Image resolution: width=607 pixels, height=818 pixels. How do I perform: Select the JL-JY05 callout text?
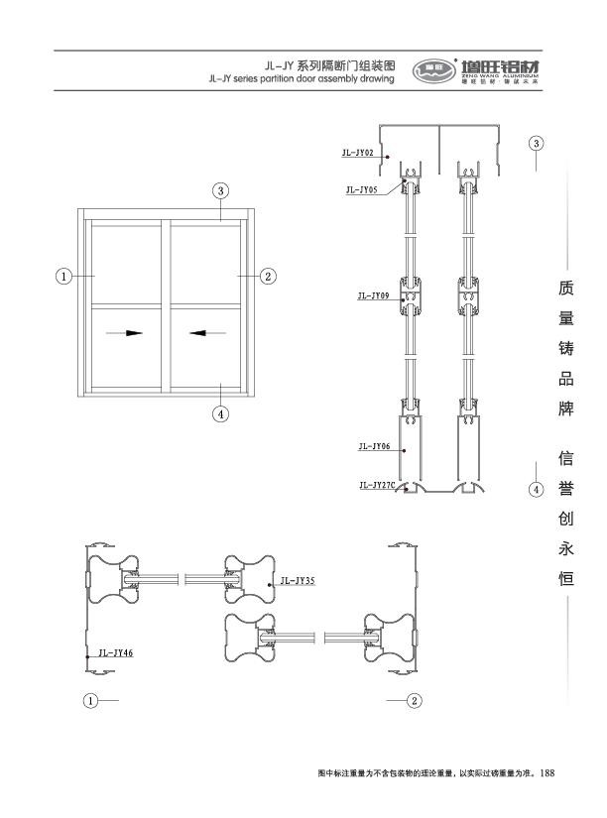[x=362, y=188]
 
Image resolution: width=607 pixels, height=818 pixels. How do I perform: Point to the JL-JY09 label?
[x=374, y=295]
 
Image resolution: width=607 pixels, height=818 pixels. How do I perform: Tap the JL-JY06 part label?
[x=374, y=447]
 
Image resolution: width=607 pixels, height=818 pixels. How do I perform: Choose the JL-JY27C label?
[x=377, y=485]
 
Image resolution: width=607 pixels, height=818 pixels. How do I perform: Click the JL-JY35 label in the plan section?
[x=298, y=581]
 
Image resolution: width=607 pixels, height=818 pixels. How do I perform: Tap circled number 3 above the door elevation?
[x=222, y=189]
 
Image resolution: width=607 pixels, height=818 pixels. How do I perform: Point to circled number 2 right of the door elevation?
[x=267, y=276]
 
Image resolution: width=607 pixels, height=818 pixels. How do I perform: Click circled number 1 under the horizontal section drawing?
[x=90, y=700]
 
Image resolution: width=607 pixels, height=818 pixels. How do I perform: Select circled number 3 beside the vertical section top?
[x=536, y=142]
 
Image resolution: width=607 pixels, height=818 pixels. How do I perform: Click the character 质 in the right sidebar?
[x=566, y=291]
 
